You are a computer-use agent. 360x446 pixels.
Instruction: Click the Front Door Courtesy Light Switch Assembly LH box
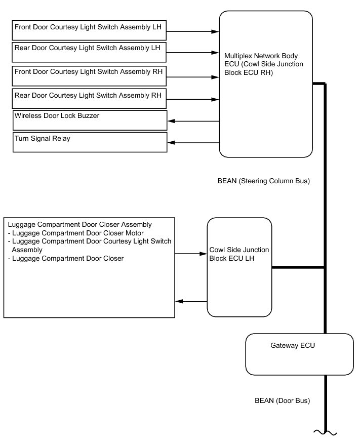(x=89, y=30)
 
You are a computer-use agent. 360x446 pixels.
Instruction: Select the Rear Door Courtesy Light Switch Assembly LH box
(x=89, y=52)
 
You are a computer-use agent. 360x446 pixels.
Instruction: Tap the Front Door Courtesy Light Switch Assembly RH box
(x=89, y=75)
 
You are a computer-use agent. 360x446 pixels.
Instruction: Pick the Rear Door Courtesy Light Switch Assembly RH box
(x=89, y=98)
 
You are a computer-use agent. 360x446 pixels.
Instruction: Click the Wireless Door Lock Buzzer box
(x=89, y=120)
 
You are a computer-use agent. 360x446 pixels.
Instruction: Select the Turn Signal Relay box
(x=89, y=142)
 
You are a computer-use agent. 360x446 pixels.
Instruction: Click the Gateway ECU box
(x=299, y=354)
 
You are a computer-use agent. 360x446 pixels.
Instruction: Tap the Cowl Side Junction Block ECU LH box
(x=239, y=267)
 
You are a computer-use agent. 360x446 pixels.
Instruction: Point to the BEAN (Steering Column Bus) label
(x=262, y=181)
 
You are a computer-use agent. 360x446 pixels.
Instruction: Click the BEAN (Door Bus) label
(x=282, y=400)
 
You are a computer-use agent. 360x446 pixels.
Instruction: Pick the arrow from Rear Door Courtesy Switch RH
(x=193, y=99)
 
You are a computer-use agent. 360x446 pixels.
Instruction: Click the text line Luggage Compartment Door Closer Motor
(x=76, y=233)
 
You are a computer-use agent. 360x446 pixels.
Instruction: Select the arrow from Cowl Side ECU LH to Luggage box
(x=191, y=301)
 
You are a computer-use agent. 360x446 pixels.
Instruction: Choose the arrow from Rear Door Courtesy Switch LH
(x=193, y=52)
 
